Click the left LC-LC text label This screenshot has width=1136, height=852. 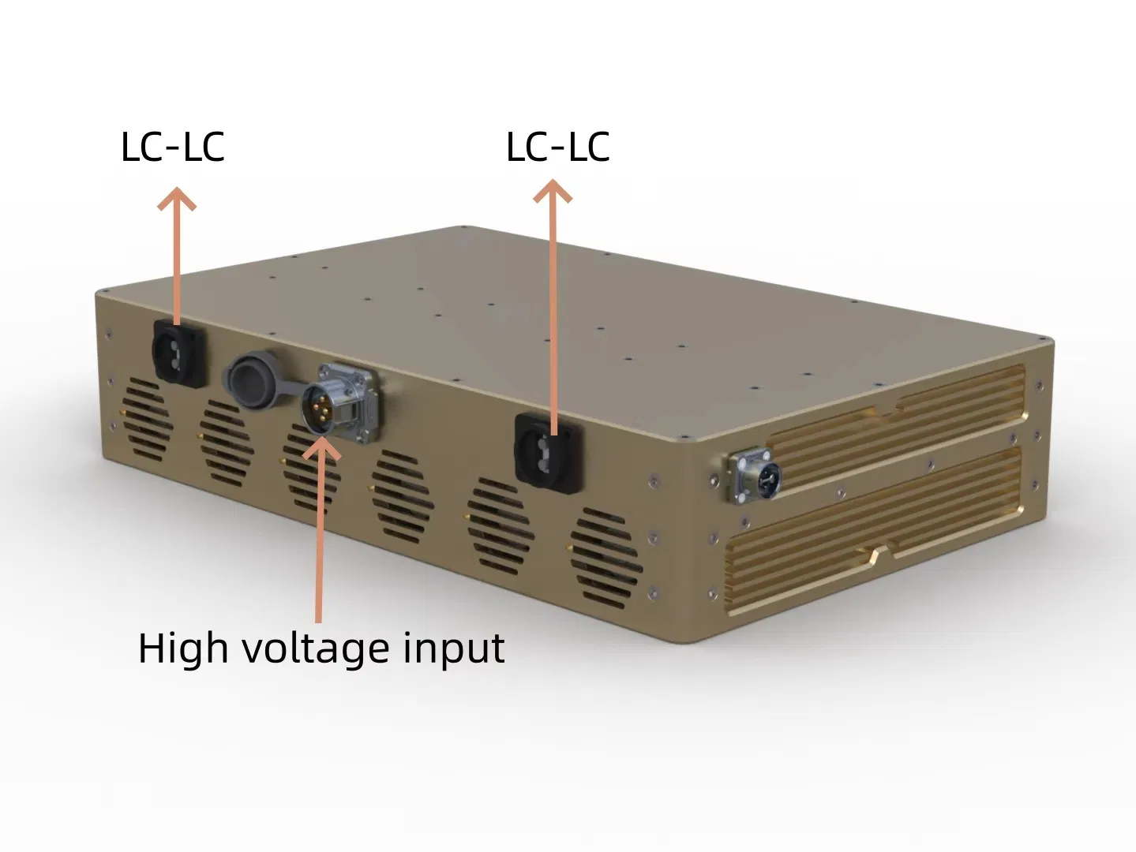173,147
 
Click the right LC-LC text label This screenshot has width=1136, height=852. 558,147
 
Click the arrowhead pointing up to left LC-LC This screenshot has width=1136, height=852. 177,199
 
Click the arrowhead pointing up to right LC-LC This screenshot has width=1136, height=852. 553,191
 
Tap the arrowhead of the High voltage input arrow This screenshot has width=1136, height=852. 321,448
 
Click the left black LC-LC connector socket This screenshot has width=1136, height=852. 179,353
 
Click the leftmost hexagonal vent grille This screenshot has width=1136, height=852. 147,420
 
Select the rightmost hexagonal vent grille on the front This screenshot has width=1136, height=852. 606,559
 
